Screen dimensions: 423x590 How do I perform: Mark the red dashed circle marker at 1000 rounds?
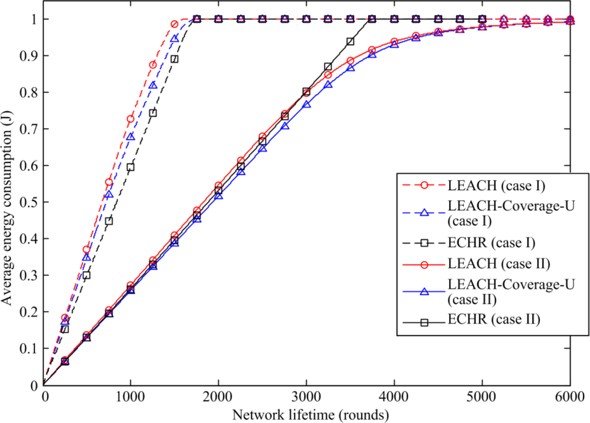[130, 119]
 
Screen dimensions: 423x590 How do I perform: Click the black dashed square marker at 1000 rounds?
[130, 167]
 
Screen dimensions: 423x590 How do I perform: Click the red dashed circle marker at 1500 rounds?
[175, 24]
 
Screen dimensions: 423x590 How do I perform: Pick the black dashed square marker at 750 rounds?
[109, 221]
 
